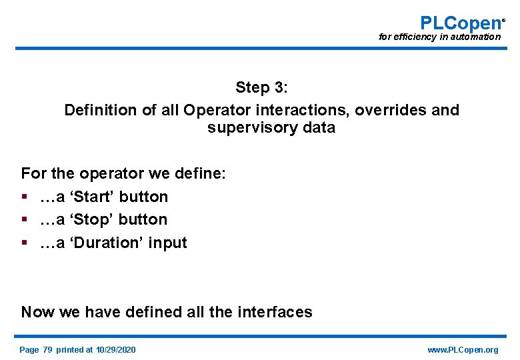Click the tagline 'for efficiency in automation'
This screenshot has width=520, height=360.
(x=439, y=37)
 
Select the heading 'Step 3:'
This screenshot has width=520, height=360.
(x=261, y=87)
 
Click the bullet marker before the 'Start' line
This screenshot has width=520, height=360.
(x=25, y=197)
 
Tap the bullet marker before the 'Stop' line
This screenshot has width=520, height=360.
(x=25, y=220)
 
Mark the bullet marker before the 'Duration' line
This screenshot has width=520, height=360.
(x=25, y=243)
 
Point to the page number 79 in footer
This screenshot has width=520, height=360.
(x=47, y=350)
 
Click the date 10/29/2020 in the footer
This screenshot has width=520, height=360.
(x=115, y=350)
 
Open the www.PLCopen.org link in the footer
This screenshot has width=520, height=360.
(x=463, y=350)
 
